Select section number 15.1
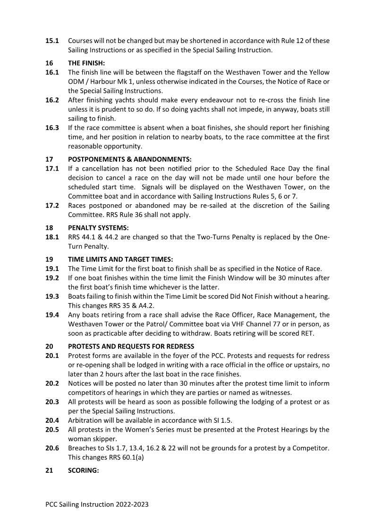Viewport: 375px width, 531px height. pyautogui.click(x=52, y=41)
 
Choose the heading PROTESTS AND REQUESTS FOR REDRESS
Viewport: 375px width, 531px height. pyautogui.click(x=131, y=346)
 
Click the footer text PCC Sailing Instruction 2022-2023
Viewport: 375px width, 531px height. pyautogui.click(x=97, y=505)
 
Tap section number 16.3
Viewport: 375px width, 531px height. pyautogui.click(x=52, y=128)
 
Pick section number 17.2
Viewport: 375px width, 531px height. pyautogui.click(x=52, y=205)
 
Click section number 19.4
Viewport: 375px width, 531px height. pyautogui.click(x=52, y=314)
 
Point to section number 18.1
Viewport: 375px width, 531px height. pyautogui.click(x=52, y=237)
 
